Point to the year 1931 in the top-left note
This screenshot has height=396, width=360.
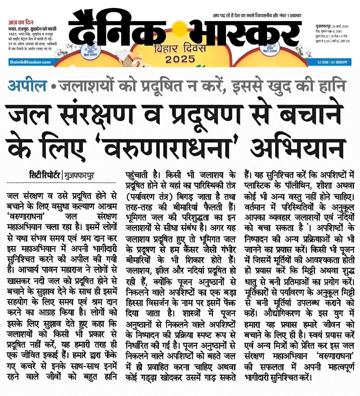point(13,34)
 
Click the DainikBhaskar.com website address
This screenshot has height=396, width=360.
point(30,62)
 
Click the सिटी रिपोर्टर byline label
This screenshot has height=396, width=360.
point(45,175)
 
